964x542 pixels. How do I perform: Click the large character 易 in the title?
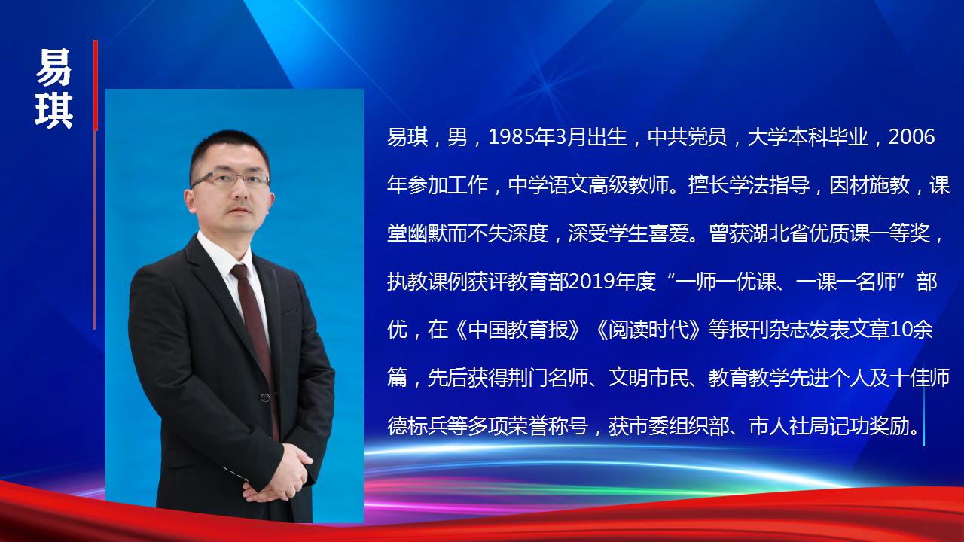click(x=53, y=67)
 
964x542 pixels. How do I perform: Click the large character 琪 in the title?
click(x=53, y=111)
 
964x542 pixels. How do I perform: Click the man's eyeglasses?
click(x=231, y=179)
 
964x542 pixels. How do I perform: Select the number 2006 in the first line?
click(x=911, y=137)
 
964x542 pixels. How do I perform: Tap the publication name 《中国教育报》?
click(x=517, y=330)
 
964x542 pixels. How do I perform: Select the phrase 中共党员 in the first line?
click(x=688, y=137)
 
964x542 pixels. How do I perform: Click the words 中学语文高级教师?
click(x=588, y=185)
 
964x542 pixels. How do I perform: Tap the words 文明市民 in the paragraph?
click(x=648, y=379)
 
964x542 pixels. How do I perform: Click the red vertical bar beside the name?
click(x=96, y=85)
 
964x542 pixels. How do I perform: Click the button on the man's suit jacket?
click(x=265, y=398)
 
